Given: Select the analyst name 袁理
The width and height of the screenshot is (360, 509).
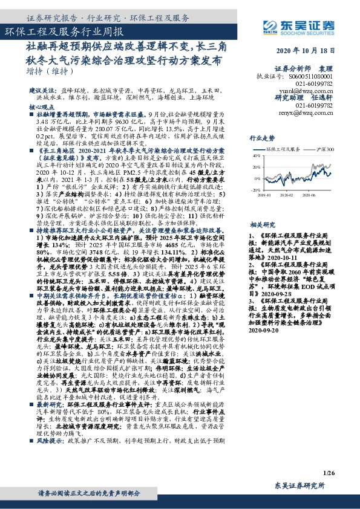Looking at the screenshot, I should pyautogui.click(x=326, y=69).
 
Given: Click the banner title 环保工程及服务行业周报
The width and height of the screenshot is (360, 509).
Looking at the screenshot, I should pyautogui.click(x=64, y=31).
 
